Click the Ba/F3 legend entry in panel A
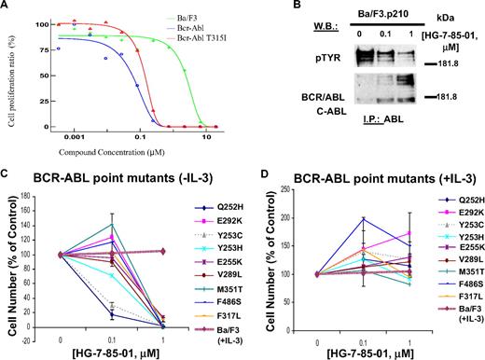tap(199, 18)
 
